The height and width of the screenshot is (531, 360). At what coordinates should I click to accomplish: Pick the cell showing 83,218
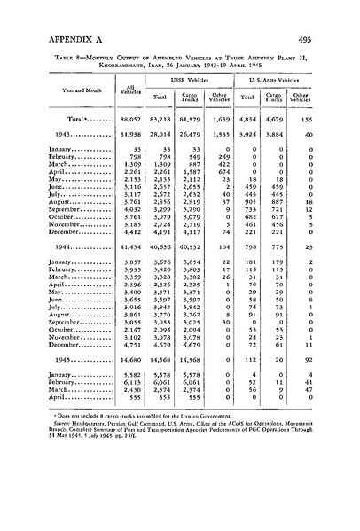pos(162,143)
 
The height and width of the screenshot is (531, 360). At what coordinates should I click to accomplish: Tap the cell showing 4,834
pos(252,143)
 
